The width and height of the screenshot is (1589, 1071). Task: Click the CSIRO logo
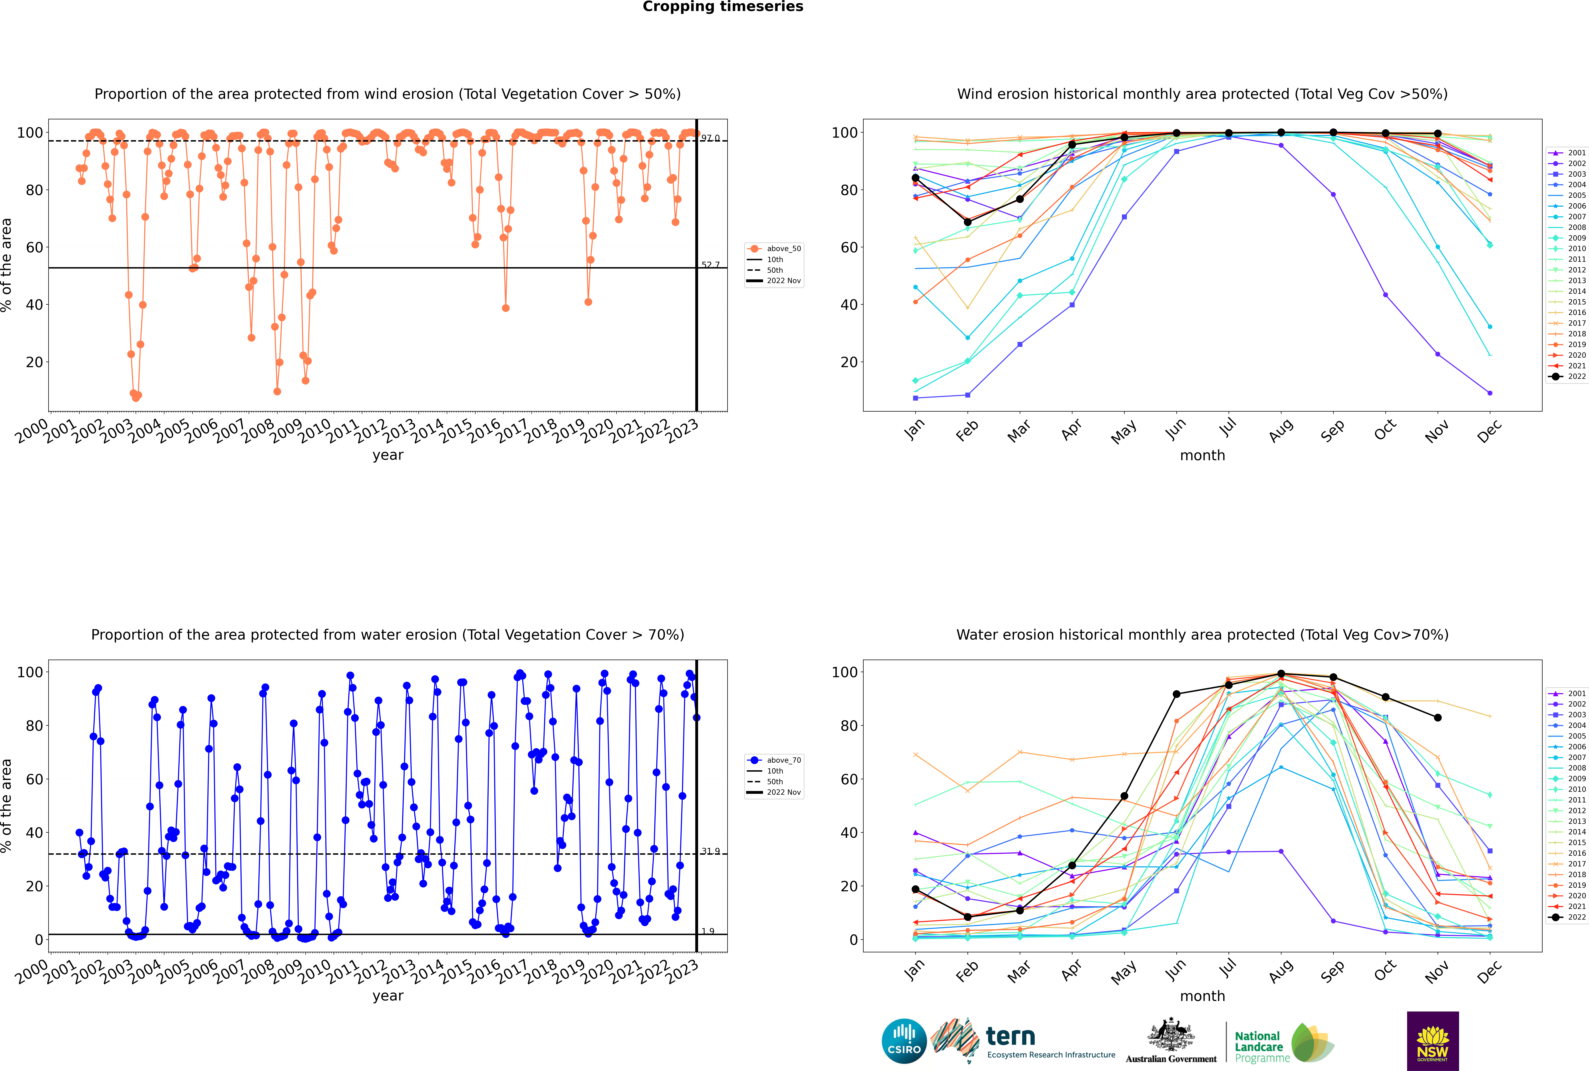point(904,1041)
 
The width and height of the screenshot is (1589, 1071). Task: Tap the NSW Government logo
point(1433,1040)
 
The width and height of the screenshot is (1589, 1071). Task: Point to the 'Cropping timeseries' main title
point(723,7)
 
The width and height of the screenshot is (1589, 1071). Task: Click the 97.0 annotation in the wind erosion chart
point(710,138)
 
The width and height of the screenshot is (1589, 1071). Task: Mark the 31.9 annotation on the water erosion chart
point(710,851)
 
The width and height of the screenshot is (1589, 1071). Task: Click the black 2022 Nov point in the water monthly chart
point(1438,718)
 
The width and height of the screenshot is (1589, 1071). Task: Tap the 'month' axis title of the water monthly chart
point(1202,997)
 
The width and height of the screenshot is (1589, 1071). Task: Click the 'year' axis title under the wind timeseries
point(388,456)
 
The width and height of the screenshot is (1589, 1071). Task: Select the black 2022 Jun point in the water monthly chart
point(1176,694)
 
